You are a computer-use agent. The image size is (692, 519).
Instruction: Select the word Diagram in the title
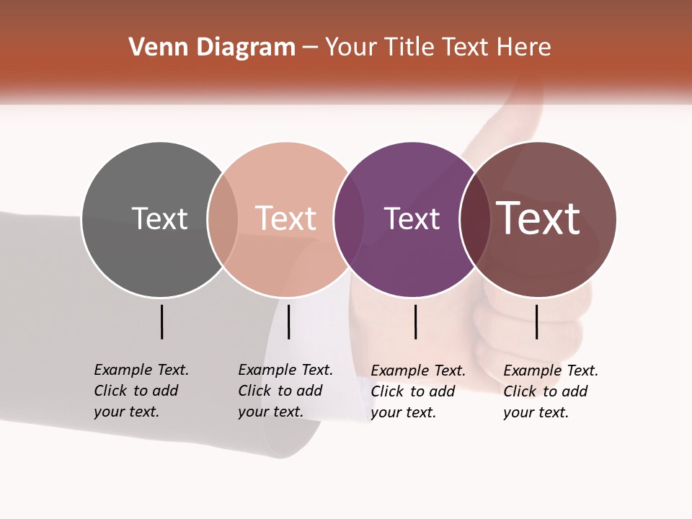(246, 48)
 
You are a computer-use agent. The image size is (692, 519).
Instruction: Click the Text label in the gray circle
(159, 218)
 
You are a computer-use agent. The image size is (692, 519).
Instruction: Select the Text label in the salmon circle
(286, 218)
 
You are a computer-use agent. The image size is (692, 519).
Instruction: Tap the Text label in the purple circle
(412, 218)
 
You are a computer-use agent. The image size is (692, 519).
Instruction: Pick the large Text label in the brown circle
(538, 218)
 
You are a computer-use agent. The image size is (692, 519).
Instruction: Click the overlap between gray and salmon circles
(223, 219)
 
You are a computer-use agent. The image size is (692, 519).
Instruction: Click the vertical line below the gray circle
(162, 321)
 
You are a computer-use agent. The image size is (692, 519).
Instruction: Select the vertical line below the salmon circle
(288, 321)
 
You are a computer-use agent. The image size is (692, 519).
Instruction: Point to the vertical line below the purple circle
(416, 321)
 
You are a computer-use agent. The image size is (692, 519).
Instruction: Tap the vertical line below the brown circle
(537, 321)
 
